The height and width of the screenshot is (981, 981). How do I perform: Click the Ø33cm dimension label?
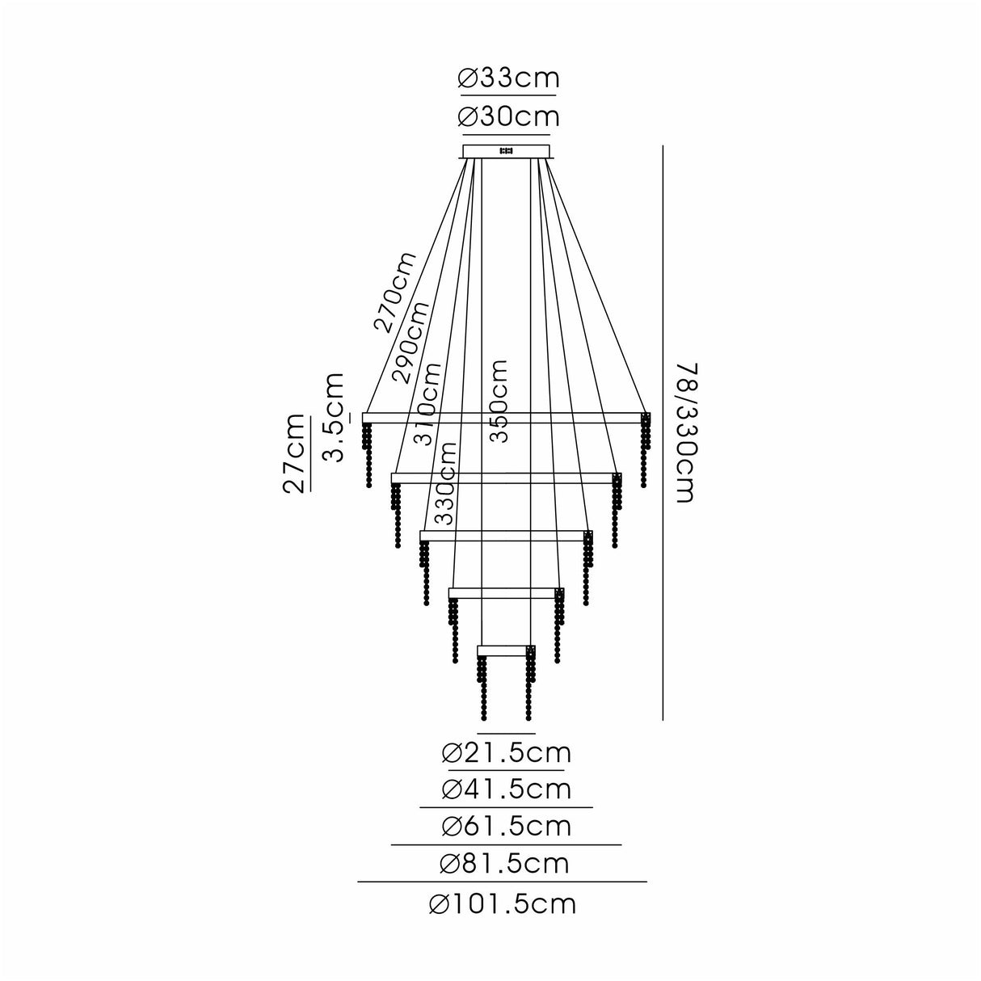[507, 78]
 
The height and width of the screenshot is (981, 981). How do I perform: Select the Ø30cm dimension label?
[507, 118]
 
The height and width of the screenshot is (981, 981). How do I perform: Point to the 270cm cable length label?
[395, 292]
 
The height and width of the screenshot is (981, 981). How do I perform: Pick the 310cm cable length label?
[428, 403]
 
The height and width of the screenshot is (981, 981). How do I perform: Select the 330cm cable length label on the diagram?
[445, 483]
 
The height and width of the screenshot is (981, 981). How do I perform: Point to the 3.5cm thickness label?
[333, 417]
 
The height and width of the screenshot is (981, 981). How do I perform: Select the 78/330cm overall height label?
[683, 432]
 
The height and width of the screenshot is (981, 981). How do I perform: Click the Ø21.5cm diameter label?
[507, 753]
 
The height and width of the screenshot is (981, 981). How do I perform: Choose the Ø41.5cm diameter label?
[507, 789]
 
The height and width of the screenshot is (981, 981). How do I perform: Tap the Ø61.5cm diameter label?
[507, 827]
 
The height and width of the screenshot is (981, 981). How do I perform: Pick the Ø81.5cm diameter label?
[505, 864]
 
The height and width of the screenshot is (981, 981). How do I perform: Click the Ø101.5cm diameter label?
[503, 903]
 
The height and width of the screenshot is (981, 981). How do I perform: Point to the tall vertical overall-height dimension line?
[663, 432]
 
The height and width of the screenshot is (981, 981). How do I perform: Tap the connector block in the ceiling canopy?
[507, 151]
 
